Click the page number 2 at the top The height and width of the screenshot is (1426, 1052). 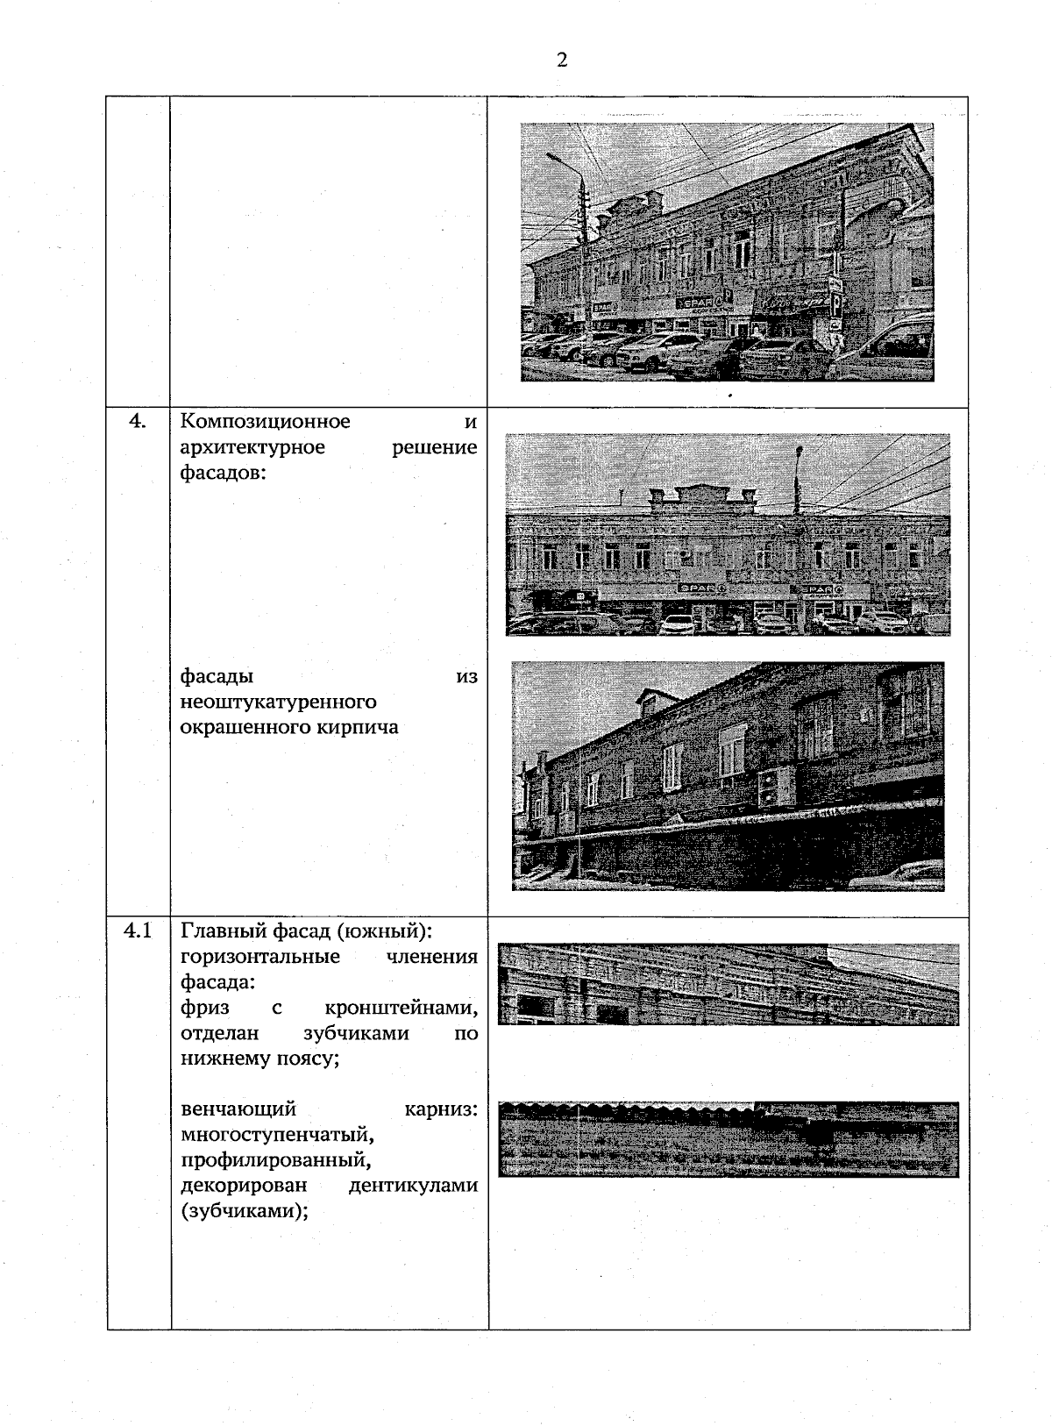(x=561, y=60)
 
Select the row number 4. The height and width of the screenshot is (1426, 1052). (x=138, y=422)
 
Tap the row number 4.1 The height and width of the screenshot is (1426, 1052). (x=138, y=930)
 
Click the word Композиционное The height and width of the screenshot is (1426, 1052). (x=265, y=422)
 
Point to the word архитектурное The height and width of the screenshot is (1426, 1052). (x=252, y=447)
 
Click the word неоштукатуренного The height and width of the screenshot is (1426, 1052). (x=278, y=702)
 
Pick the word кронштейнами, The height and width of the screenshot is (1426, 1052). (x=401, y=1007)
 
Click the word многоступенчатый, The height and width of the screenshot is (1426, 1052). (x=277, y=1135)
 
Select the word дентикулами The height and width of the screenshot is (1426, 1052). (x=412, y=1186)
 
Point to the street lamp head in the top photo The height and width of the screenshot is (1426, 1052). (x=552, y=156)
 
